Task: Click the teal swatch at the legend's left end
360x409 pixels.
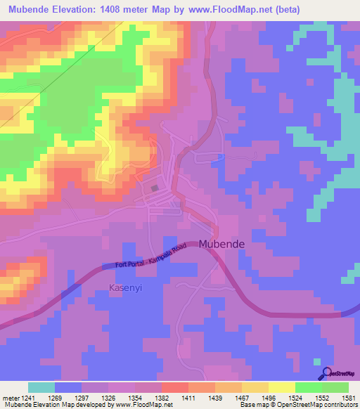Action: [x=41, y=387]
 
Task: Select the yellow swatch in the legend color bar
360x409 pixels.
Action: [x=281, y=387]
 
